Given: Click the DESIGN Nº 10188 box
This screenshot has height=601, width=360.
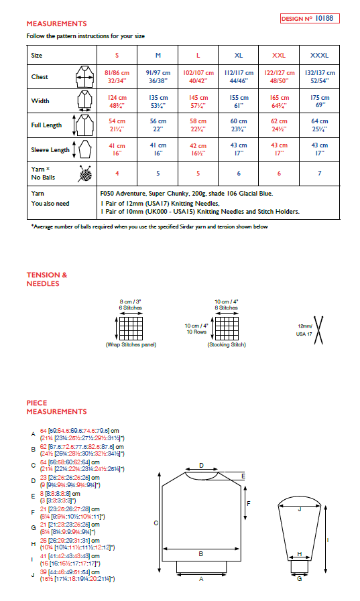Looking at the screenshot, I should [x=310, y=18].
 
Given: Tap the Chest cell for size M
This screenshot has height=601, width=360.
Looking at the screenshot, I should [x=158, y=77].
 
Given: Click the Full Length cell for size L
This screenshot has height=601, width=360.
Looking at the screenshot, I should [x=198, y=125].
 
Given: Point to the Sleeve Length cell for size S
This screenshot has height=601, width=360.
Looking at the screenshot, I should [x=117, y=148].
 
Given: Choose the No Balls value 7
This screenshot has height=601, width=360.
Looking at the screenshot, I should [x=320, y=173].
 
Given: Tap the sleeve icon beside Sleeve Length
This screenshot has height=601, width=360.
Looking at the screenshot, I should [x=84, y=148].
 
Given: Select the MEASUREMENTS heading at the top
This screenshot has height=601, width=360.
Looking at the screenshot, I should [x=56, y=23].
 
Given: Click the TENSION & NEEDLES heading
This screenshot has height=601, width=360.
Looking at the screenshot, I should [x=47, y=279].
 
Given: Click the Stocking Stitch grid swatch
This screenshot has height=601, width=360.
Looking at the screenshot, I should [x=227, y=328].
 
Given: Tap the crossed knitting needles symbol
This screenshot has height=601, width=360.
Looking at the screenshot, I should [x=320, y=330].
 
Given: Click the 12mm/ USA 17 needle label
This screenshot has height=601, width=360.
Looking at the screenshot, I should [x=304, y=330].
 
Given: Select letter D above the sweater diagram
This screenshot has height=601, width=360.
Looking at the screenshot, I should [x=202, y=464].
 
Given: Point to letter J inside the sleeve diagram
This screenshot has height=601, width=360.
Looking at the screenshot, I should [x=299, y=510].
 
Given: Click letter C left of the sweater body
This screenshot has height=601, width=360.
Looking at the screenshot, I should [x=156, y=523].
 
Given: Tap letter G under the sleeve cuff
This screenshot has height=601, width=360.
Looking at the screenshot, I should [x=299, y=579].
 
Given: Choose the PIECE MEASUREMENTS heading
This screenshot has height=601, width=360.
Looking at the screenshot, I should [x=56, y=407].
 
